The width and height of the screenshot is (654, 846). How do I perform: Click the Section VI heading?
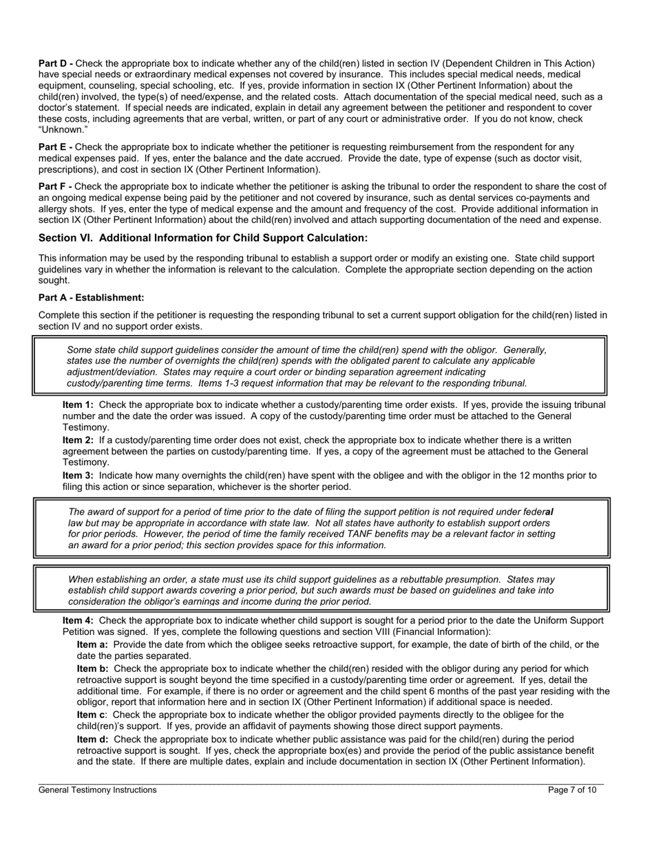[203, 238]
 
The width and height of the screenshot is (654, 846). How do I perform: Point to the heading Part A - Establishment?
[92, 298]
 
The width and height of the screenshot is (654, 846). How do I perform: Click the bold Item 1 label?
[78, 405]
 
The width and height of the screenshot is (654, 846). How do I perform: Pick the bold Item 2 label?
[78, 440]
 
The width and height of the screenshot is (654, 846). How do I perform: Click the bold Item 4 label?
[78, 620]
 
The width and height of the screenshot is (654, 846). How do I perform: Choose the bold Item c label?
[92, 715]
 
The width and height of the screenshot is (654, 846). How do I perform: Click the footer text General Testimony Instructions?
[97, 790]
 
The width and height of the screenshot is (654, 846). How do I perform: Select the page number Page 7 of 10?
[572, 790]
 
